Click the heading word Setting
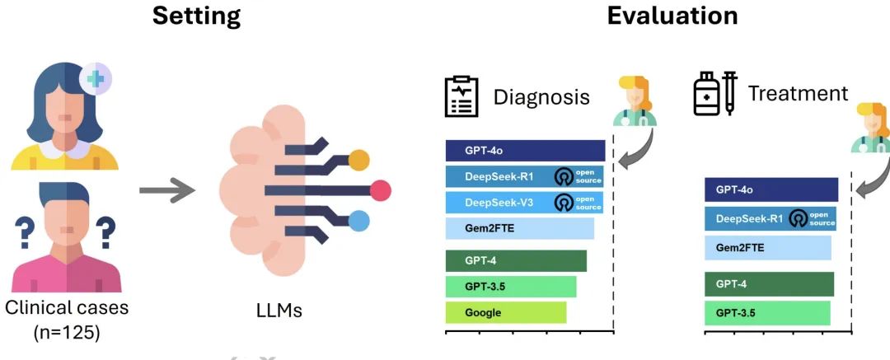click(196, 15)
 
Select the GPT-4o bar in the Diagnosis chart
click(525, 151)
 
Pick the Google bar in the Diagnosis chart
click(505, 313)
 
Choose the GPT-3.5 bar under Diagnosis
click(510, 287)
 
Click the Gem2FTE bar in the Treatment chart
click(767, 247)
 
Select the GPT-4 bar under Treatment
click(769, 284)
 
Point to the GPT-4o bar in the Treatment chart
click(771, 189)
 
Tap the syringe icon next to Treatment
click(729, 93)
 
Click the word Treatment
click(797, 93)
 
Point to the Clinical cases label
click(67, 309)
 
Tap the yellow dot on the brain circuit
click(359, 161)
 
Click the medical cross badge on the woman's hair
click(95, 80)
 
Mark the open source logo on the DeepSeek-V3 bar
click(564, 203)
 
